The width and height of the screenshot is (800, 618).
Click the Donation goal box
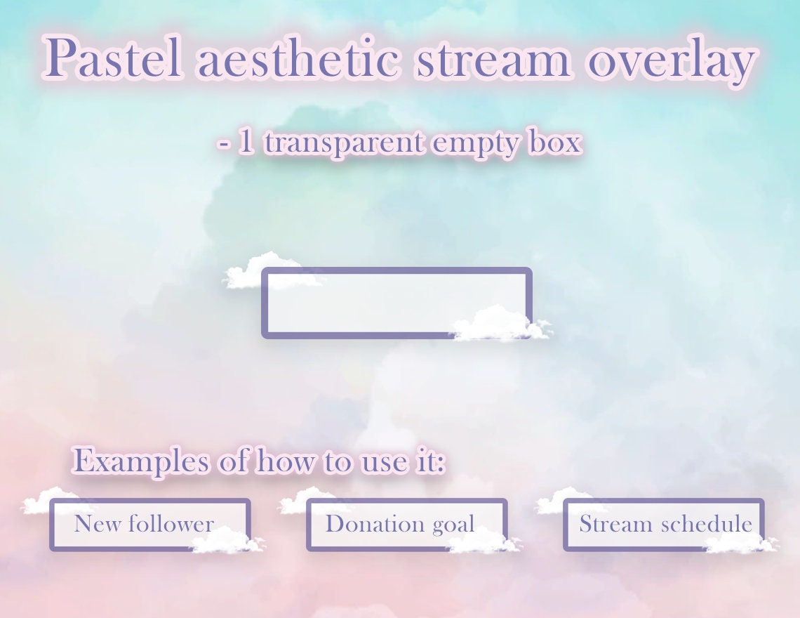pyautogui.click(x=400, y=524)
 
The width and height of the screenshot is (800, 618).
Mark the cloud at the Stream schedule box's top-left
pyautogui.click(x=565, y=500)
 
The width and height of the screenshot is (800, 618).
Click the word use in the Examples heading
pyautogui.click(x=382, y=462)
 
